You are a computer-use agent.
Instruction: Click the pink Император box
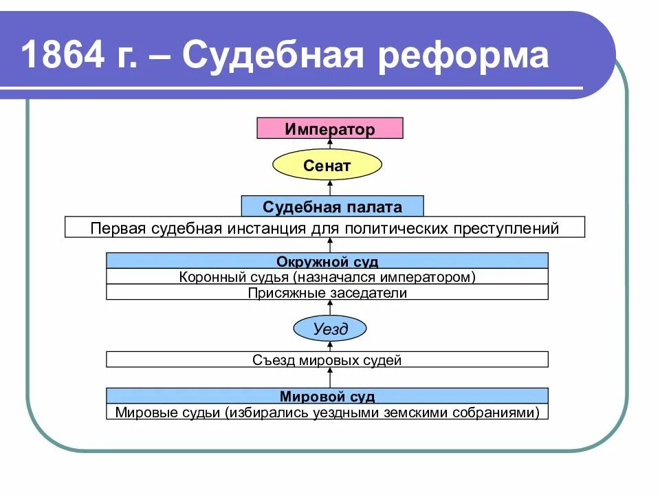click(x=330, y=129)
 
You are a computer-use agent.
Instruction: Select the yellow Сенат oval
click(x=327, y=166)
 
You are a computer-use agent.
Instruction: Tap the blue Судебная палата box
click(x=332, y=206)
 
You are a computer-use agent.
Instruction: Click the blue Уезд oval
click(x=330, y=329)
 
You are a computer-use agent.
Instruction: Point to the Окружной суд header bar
click(x=327, y=261)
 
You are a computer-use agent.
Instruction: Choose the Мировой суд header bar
click(x=327, y=396)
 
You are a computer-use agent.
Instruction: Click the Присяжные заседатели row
click(x=327, y=293)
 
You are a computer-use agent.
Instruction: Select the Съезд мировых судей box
click(x=327, y=360)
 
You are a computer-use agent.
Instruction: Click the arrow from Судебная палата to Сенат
click(x=330, y=188)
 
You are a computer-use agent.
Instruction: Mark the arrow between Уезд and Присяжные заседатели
click(x=330, y=307)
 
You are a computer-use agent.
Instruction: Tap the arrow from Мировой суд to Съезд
click(x=330, y=377)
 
